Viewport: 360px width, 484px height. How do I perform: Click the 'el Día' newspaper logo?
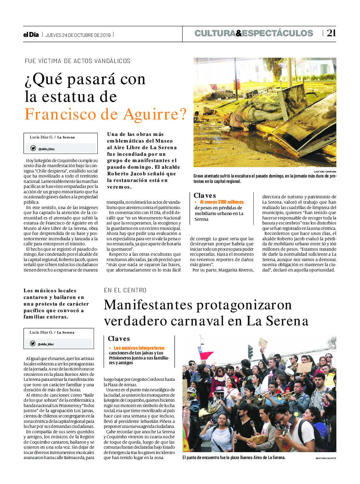(31, 35)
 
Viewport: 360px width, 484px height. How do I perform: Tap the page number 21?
(331, 33)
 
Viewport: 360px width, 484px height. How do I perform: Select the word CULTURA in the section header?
(215, 33)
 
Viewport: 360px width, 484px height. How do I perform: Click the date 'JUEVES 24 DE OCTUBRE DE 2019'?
(78, 35)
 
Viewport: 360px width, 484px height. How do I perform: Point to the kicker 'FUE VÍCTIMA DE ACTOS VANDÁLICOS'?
(78, 61)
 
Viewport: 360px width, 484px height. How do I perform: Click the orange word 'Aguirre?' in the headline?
(155, 114)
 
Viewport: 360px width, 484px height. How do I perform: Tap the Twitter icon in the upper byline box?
(33, 148)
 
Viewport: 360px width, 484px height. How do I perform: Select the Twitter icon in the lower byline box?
(32, 343)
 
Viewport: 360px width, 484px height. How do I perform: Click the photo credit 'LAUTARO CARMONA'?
(325, 172)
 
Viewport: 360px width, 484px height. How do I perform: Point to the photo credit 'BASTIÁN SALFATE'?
(326, 458)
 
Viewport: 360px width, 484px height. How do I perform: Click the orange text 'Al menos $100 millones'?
(222, 202)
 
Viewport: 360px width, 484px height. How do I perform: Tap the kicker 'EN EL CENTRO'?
(125, 290)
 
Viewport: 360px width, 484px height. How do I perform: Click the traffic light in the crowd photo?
(250, 351)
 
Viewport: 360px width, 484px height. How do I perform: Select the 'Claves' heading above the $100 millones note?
(205, 195)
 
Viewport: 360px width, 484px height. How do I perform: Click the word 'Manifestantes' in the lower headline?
(148, 305)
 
